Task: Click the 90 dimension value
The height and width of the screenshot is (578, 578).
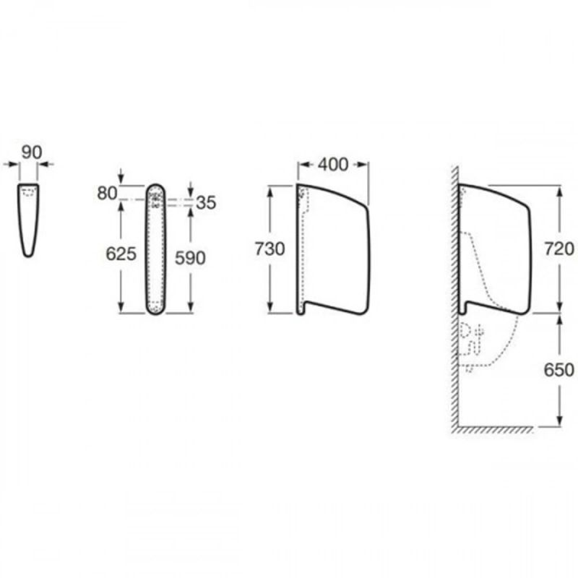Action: click(32, 152)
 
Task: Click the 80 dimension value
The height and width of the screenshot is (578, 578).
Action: click(107, 193)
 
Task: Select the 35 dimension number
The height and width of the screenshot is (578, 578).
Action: click(206, 203)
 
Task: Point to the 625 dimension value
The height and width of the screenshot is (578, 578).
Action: click(121, 254)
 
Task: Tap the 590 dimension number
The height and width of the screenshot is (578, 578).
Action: click(190, 258)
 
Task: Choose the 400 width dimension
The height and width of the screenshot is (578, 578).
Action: click(333, 165)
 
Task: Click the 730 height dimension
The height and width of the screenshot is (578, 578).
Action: click(269, 249)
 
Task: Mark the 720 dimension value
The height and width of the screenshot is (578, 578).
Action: click(559, 249)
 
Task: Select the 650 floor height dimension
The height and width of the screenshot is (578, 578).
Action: click(559, 370)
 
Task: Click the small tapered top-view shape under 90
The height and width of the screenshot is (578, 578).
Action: click(28, 220)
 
